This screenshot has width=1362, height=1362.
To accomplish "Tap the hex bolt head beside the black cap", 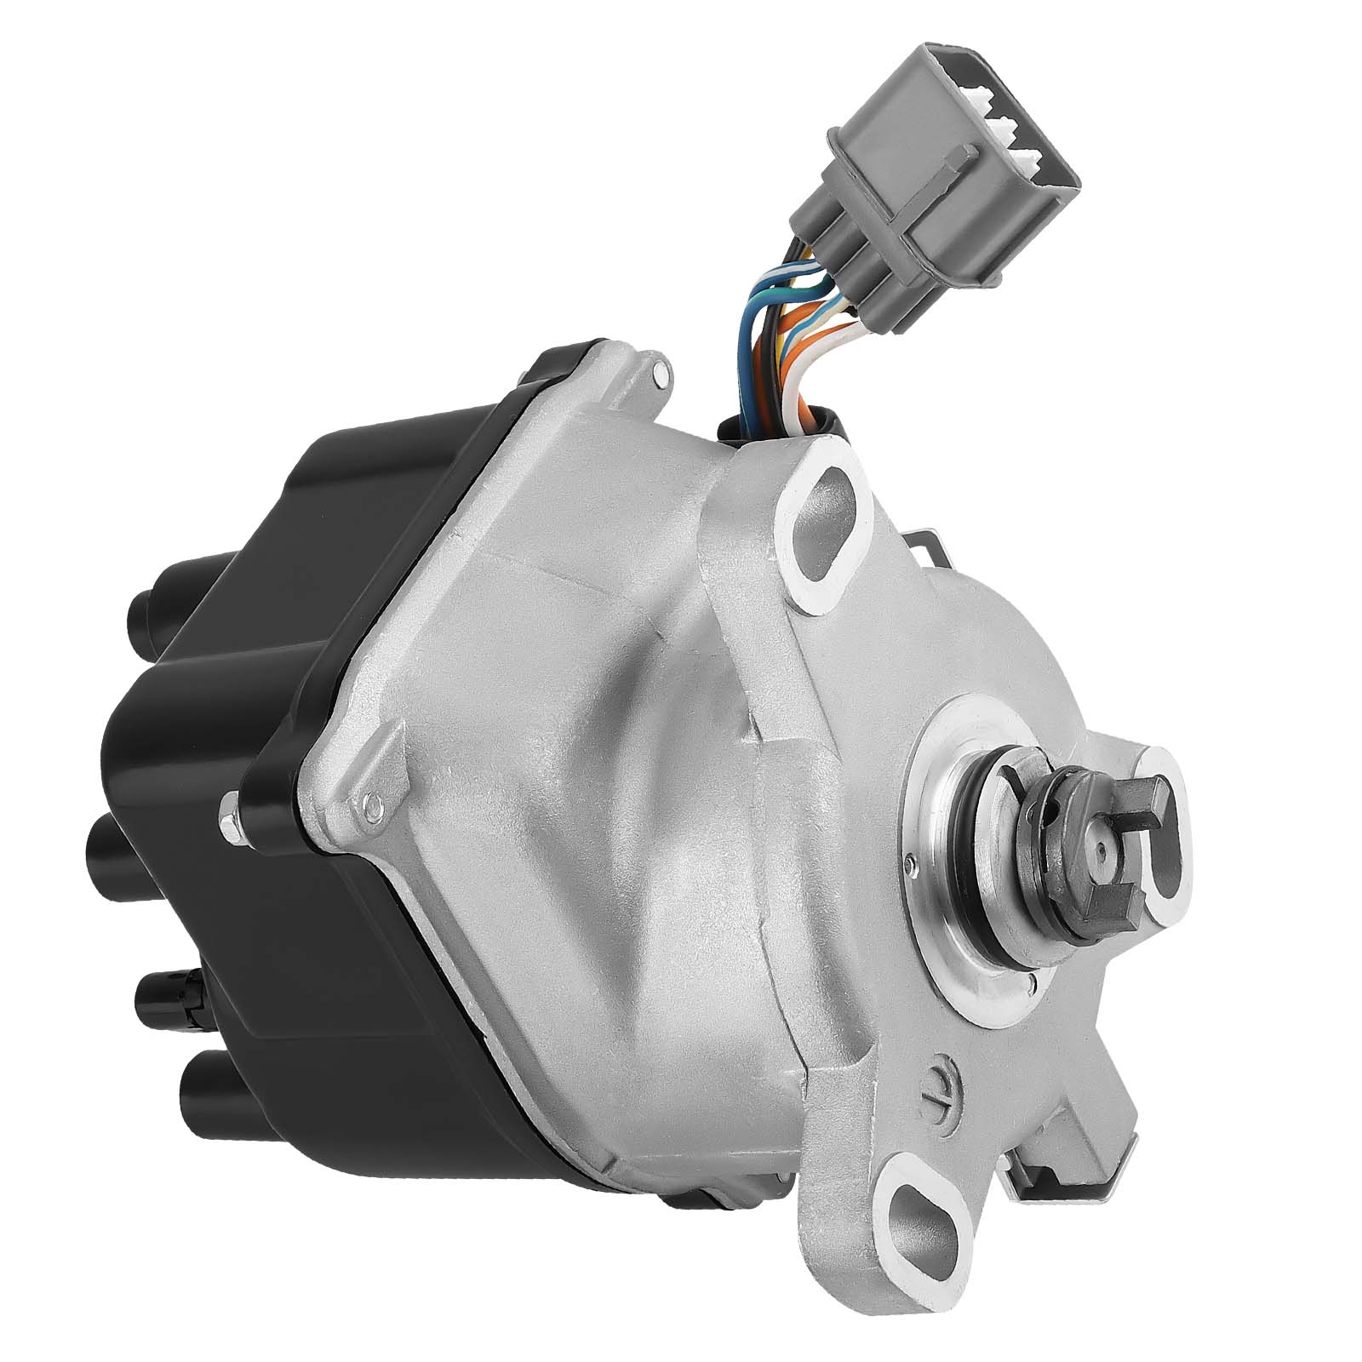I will click(232, 804).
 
